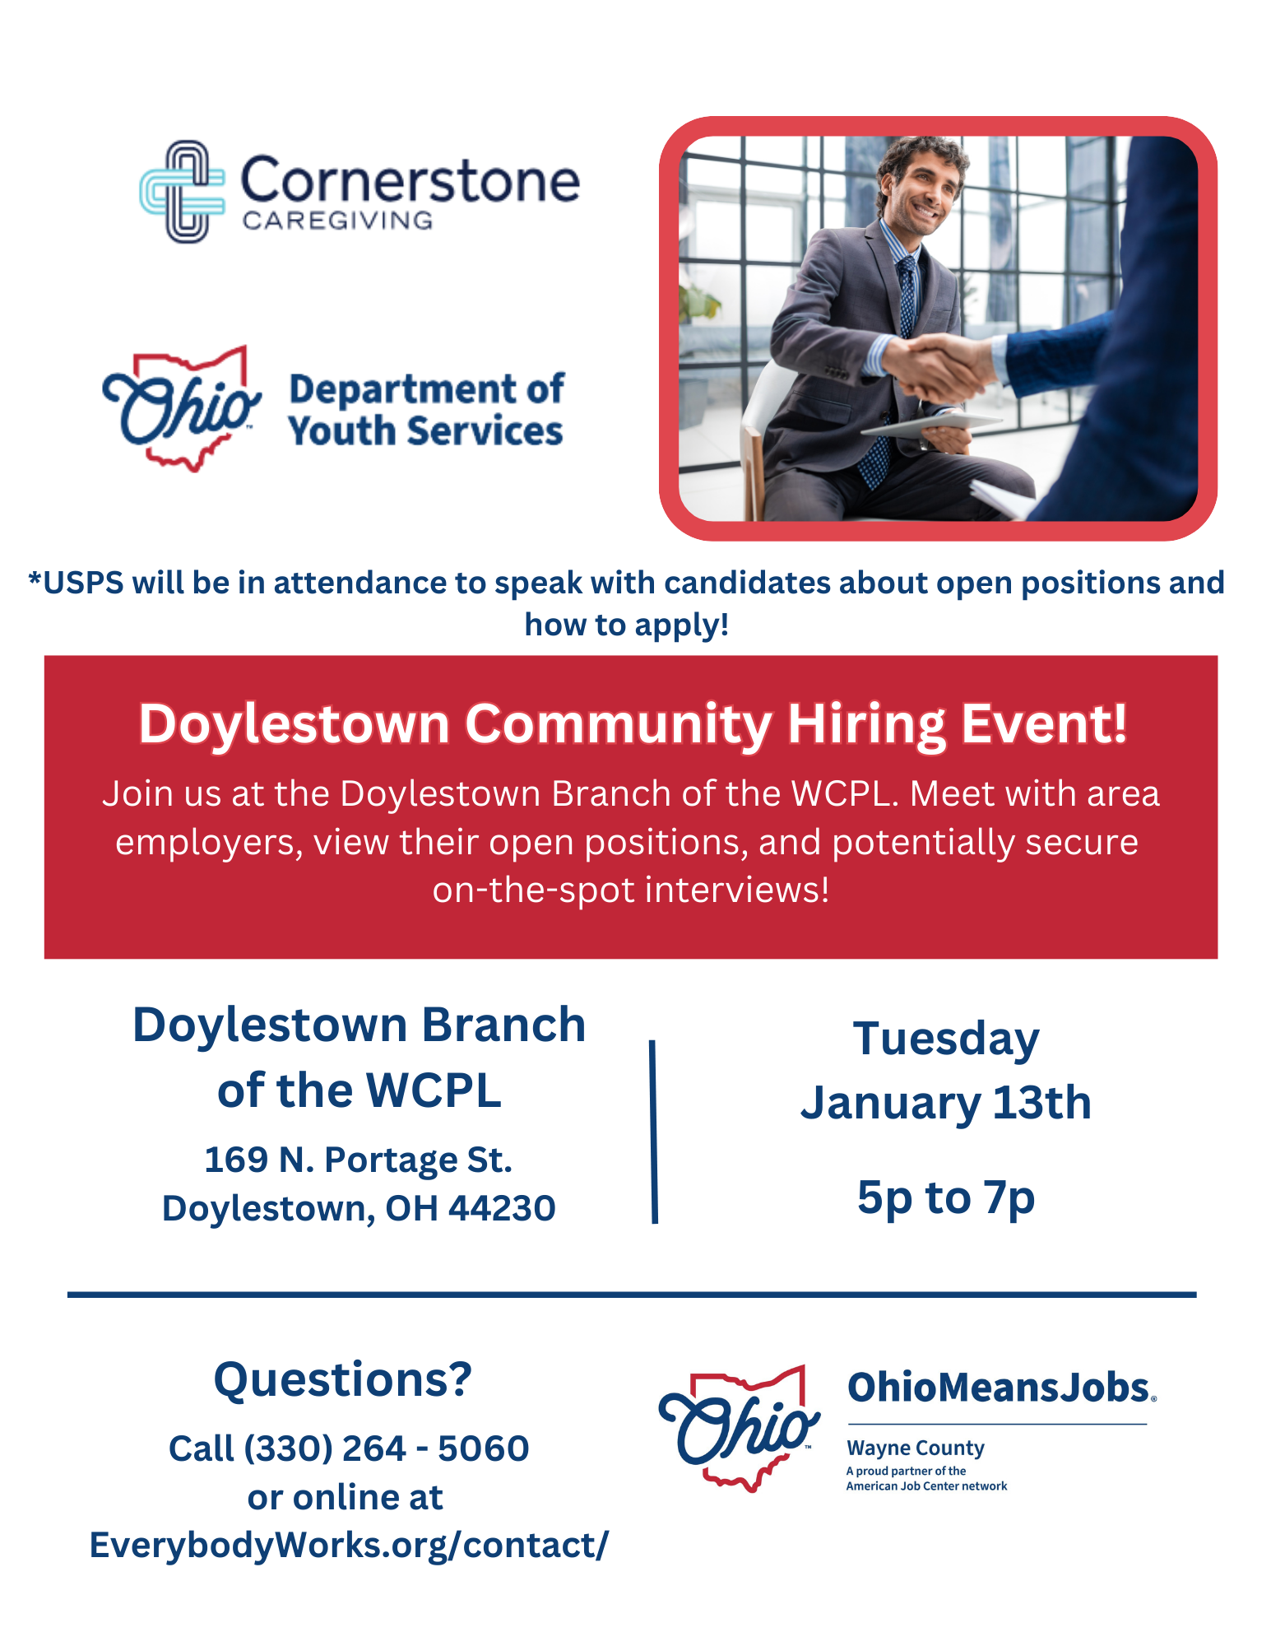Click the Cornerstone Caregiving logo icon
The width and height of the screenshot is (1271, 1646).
[183, 191]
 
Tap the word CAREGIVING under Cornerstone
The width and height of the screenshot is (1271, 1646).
[337, 221]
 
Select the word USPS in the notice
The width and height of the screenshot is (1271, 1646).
[83, 583]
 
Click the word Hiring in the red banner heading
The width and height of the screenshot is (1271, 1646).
[867, 724]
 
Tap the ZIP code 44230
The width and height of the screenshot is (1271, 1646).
[502, 1208]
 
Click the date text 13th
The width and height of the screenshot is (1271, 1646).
[1041, 1103]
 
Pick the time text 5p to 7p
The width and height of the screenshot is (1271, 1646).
[946, 1198]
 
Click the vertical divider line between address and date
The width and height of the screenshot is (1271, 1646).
[654, 1132]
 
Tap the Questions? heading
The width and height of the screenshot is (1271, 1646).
[343, 1380]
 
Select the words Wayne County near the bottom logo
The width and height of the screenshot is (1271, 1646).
[916, 1448]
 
